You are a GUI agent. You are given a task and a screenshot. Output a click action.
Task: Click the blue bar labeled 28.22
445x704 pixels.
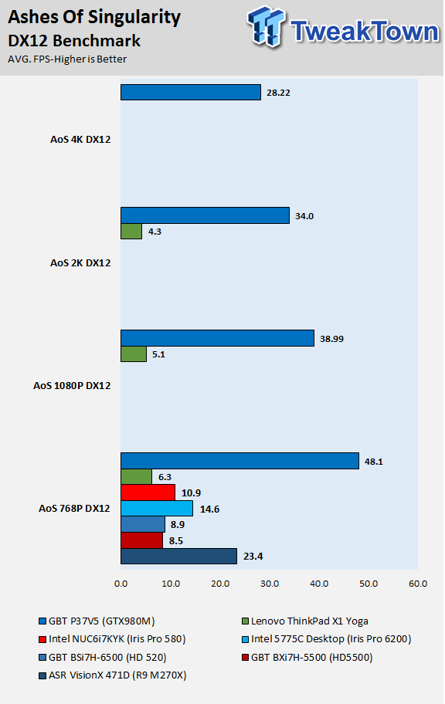pos(191,93)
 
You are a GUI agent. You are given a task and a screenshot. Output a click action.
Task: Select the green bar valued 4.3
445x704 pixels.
pos(131,232)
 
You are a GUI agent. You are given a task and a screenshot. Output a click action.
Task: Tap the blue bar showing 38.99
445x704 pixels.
pos(218,338)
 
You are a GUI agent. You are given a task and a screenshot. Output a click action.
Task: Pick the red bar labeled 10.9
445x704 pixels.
pos(148,492)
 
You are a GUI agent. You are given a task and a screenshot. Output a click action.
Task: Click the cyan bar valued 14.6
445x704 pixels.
pos(157,508)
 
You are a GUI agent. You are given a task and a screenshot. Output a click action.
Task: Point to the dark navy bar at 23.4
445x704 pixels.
pos(179,557)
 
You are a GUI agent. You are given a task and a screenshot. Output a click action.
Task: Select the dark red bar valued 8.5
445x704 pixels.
pos(141,540)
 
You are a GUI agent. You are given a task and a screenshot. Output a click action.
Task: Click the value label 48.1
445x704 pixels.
pos(373,462)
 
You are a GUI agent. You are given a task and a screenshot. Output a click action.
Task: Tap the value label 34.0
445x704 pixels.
pos(304,216)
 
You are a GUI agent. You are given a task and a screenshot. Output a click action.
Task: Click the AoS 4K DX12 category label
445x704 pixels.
pos(80,139)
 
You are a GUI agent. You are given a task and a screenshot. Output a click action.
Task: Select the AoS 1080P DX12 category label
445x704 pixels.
pos(72,386)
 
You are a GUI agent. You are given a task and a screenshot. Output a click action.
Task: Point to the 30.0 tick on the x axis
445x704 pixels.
pos(270,584)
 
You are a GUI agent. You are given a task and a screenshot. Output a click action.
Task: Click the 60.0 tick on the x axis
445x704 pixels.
pos(418,584)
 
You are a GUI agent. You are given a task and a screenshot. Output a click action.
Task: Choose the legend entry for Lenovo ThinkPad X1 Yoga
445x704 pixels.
pos(305,621)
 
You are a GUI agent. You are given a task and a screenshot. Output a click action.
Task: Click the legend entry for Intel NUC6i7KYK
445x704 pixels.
pos(112,639)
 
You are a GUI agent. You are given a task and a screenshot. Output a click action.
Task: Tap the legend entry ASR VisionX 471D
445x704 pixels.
pos(113,675)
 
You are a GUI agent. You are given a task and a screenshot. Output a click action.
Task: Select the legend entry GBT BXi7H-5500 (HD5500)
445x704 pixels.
pos(307,658)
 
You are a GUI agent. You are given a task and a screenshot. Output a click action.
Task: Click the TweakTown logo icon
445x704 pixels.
pos(266,26)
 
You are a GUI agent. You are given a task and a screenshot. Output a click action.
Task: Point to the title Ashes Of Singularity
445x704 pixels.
pos(94,17)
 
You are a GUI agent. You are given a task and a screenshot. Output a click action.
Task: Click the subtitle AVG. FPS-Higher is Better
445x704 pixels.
pos(67,59)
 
